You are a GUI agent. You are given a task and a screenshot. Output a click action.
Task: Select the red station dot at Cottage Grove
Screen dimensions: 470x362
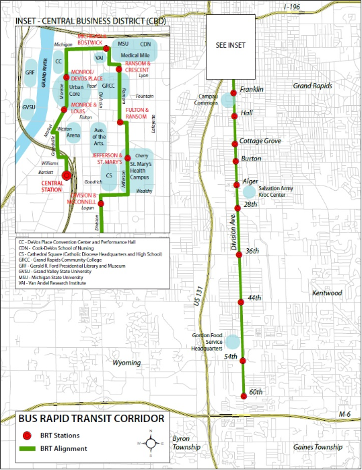[235, 142]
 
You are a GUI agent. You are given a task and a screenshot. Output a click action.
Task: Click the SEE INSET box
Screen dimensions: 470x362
[231, 45]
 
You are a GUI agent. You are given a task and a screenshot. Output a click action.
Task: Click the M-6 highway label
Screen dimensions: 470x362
[345, 414]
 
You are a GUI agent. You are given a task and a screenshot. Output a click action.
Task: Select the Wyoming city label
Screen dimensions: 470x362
[126, 363]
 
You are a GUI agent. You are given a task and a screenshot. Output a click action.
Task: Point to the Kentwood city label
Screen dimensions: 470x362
[327, 293]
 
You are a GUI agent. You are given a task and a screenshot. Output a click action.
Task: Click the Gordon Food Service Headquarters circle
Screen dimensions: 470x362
[231, 341]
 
